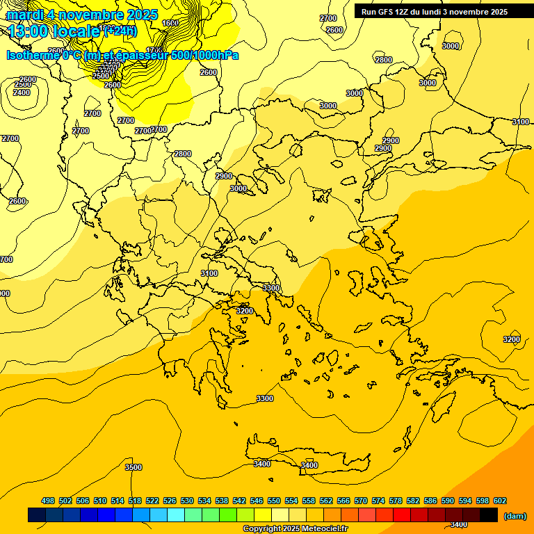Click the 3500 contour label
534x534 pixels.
point(133,467)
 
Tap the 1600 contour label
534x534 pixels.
point(170,23)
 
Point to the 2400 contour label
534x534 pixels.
point(22,92)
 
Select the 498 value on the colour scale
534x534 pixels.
point(48,501)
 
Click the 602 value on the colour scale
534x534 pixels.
point(500,501)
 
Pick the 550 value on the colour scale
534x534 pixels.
point(274,501)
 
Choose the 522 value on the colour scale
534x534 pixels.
point(152,501)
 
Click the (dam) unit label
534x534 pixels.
point(515,516)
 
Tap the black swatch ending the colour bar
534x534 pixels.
point(489,515)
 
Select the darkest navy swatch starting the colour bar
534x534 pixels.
point(37,515)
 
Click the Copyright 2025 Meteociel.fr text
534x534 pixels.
point(295,528)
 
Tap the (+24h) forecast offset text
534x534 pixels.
point(120,31)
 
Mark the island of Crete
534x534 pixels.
point(306,456)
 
